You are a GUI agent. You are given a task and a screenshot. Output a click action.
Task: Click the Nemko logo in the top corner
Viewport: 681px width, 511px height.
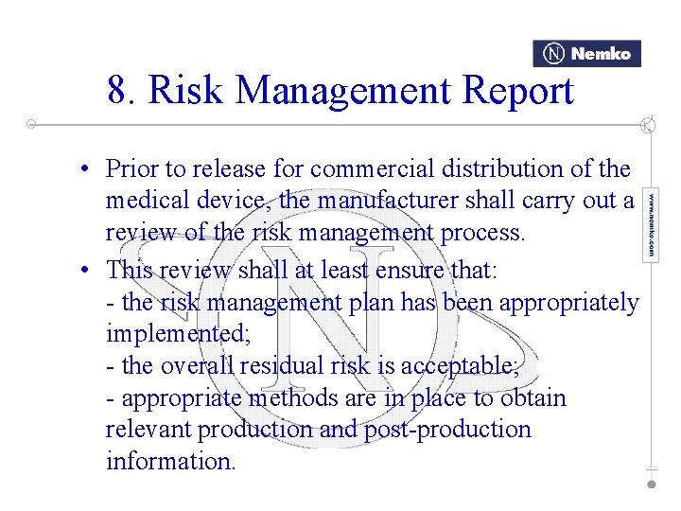586,54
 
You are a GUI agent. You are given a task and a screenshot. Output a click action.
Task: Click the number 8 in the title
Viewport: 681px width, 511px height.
117,92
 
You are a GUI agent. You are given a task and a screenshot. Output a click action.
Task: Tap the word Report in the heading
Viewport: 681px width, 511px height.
519,92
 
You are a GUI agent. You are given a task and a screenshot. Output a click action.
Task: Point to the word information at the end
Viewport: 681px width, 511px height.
170,462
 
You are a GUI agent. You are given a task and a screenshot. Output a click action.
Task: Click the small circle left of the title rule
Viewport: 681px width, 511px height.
31,124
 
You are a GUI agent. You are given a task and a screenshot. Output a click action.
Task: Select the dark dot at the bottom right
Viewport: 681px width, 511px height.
652,483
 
